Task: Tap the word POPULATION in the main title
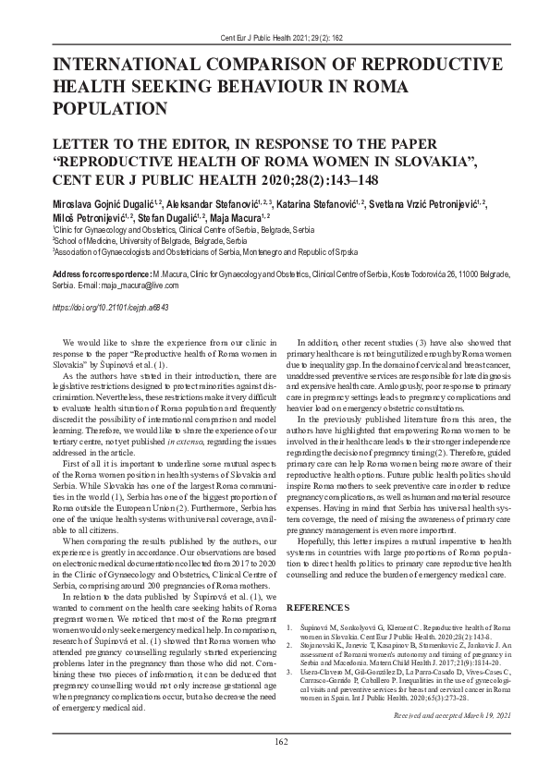click(x=110, y=108)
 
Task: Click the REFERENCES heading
click(x=324, y=609)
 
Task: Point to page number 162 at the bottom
click(x=275, y=740)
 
